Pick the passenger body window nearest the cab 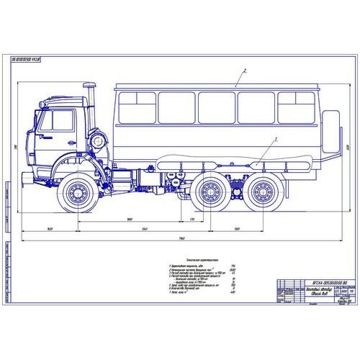(x=134, y=108)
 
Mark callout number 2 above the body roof (x=246, y=71)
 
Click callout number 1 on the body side (x=274, y=138)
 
